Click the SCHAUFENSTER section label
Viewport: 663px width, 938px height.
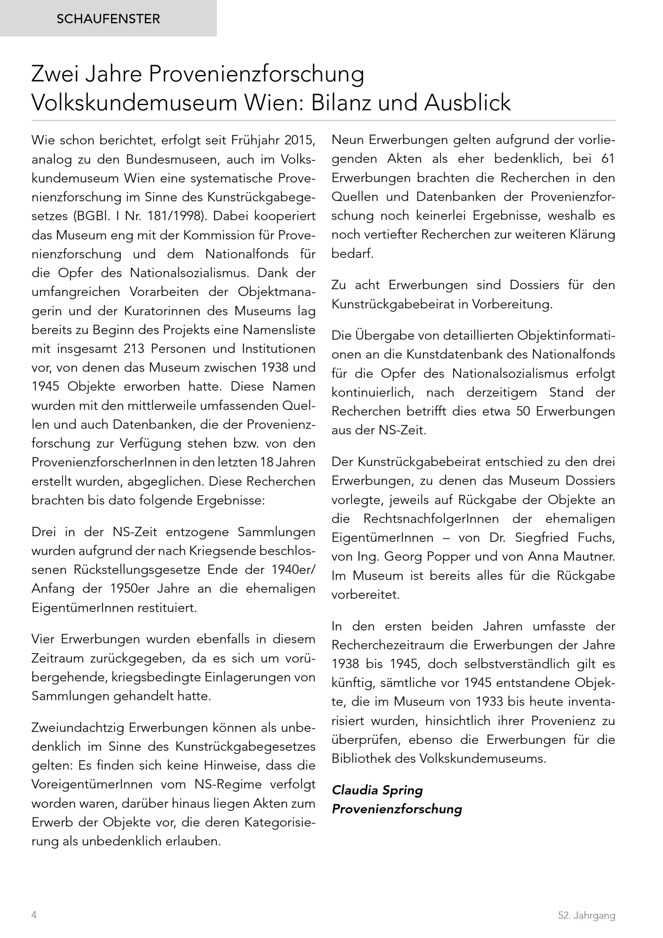[x=108, y=19]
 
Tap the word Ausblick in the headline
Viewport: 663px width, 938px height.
[x=467, y=102]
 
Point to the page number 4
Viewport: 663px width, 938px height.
[x=34, y=915]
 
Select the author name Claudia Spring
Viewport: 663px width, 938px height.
[x=377, y=790]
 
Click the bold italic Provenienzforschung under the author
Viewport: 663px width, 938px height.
[x=396, y=809]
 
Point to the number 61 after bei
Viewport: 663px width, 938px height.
[x=608, y=159]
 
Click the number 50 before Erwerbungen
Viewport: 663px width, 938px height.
[x=523, y=411]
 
